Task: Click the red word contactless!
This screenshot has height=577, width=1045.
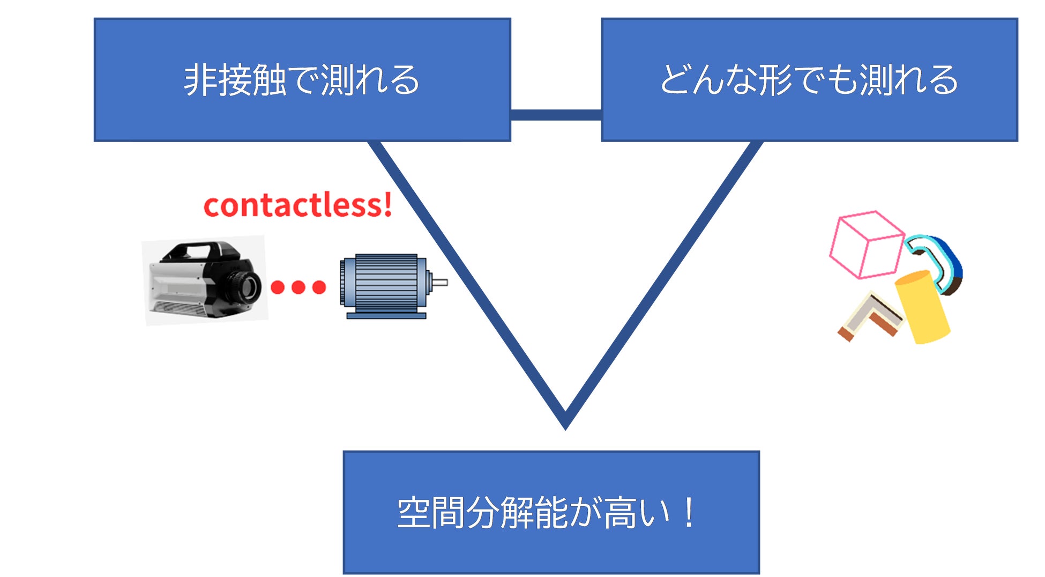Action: tap(297, 205)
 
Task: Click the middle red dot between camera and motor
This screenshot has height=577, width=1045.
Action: tap(298, 287)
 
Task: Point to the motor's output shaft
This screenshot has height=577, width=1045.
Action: tap(439, 282)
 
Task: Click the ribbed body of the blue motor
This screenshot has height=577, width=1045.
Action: tap(386, 283)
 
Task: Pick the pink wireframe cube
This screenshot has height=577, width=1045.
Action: tap(866, 245)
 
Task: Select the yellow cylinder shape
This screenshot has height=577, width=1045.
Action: tap(923, 307)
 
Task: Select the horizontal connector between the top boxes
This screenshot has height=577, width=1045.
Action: tap(556, 115)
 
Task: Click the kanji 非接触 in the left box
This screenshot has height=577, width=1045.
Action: tap(235, 80)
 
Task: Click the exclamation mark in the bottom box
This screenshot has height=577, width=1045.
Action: tap(689, 513)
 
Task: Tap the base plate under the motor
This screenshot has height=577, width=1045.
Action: tap(386, 316)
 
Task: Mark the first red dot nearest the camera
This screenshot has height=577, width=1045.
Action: tap(278, 287)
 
